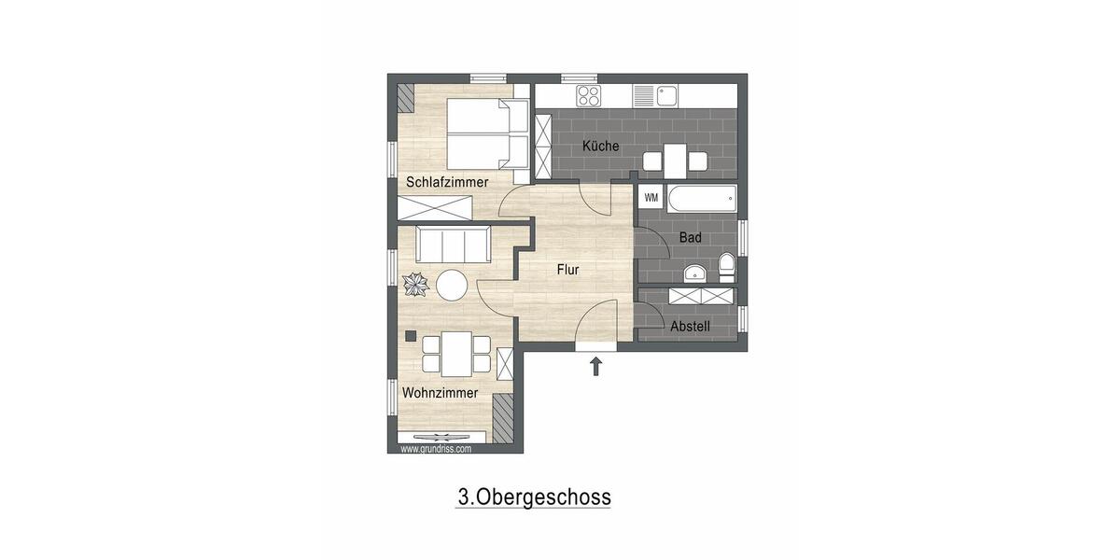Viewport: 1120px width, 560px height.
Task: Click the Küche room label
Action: (600, 147)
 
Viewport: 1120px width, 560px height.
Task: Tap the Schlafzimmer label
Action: (447, 182)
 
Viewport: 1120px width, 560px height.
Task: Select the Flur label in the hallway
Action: (568, 270)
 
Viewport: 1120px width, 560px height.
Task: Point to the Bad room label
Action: (690, 238)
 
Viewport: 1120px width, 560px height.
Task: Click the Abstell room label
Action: (691, 327)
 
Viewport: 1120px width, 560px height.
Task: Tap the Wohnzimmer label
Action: (440, 393)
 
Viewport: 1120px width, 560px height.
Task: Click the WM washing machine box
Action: (651, 197)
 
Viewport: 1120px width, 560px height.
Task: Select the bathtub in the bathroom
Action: (701, 199)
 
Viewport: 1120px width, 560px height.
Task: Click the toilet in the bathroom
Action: (726, 271)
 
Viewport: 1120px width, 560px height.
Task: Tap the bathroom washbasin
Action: (694, 273)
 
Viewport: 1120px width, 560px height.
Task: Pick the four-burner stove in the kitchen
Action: (588, 95)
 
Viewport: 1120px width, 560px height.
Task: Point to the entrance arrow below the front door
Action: (596, 366)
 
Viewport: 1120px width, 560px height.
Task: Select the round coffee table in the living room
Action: (453, 285)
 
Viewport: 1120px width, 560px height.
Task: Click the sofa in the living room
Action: (453, 245)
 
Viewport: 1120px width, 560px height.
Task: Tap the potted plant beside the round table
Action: (415, 284)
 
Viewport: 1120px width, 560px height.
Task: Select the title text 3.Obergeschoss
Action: (533, 496)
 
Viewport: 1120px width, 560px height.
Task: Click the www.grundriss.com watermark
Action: (436, 449)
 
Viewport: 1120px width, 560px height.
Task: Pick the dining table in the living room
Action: (456, 354)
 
